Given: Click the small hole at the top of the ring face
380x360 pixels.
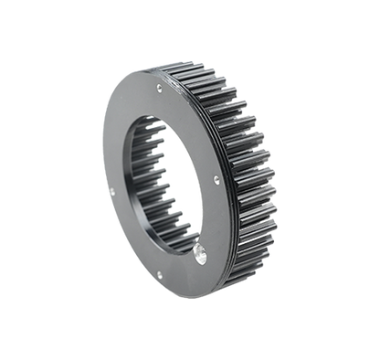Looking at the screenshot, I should [x=161, y=89].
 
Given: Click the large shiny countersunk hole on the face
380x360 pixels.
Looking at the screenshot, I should [x=200, y=249].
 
